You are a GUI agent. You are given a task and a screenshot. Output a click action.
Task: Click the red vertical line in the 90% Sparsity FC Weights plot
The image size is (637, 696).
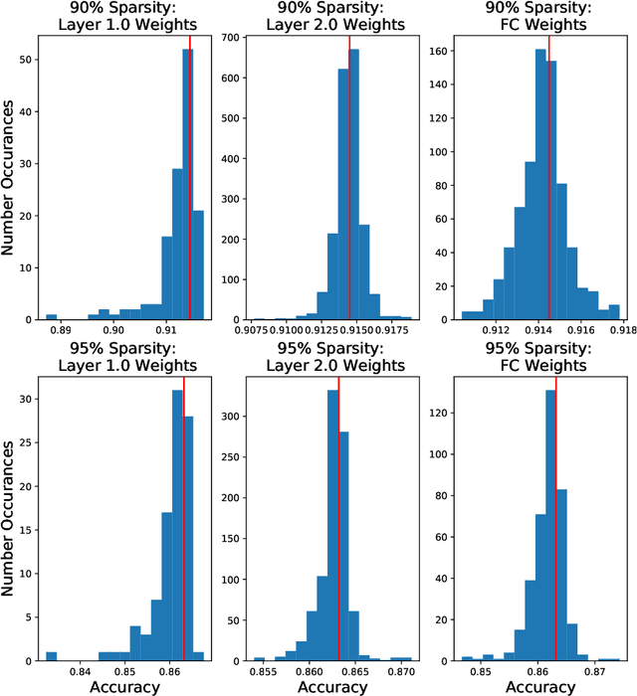pos(549,179)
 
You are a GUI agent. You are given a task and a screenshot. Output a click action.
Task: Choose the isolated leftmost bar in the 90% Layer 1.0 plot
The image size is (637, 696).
pos(52,316)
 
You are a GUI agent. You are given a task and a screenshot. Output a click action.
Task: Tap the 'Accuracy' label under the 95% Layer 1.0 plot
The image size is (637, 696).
pos(124,686)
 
